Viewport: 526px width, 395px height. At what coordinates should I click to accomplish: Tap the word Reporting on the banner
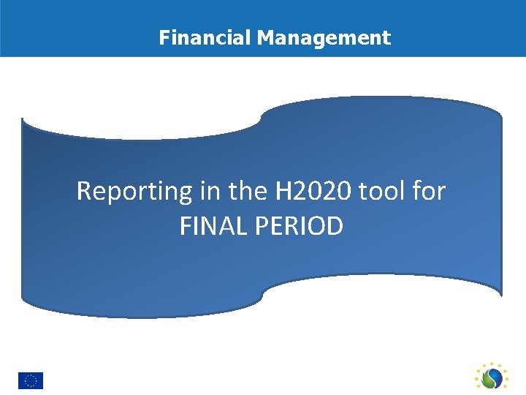coord(134,192)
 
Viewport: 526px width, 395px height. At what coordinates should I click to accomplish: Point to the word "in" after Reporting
coord(208,192)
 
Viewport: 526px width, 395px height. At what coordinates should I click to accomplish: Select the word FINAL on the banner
coord(211,227)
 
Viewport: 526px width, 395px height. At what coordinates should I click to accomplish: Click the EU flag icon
coord(31,380)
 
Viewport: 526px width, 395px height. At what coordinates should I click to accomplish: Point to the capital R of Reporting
coord(84,192)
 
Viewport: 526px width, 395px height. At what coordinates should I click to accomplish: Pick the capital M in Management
coord(264,37)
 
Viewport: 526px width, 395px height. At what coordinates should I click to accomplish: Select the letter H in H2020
coord(283,192)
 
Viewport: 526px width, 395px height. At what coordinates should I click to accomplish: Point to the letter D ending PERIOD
coord(335,227)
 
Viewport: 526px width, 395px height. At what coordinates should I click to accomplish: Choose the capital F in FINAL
coord(185,227)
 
